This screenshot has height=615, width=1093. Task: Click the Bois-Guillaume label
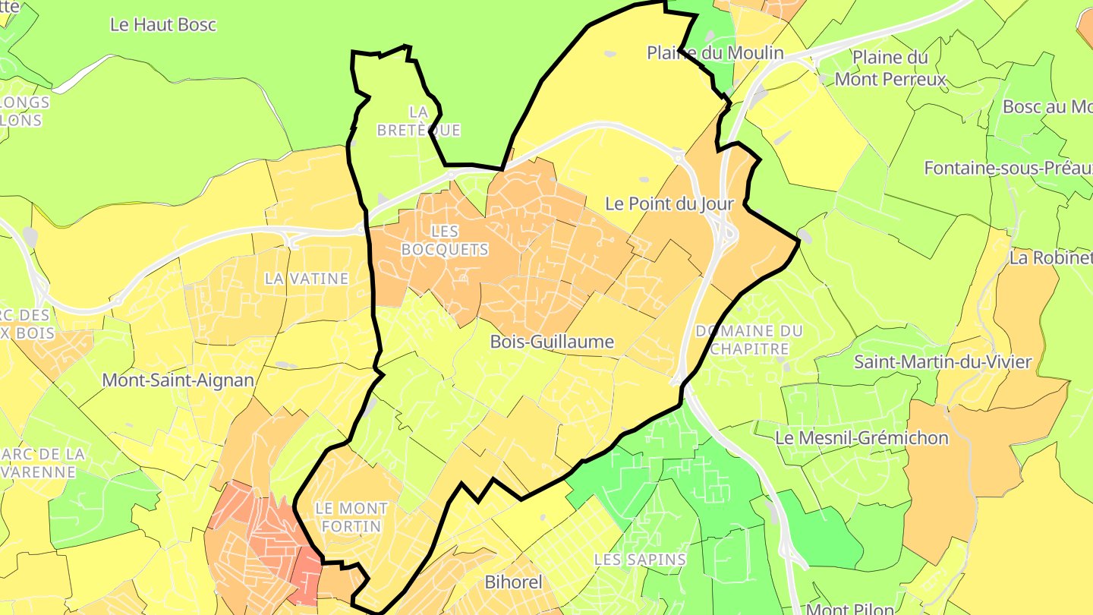point(552,342)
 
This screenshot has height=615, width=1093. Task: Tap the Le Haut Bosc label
point(163,24)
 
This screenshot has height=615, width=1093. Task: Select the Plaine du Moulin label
point(715,52)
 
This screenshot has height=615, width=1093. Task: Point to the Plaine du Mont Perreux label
point(890,68)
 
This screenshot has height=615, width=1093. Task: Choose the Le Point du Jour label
point(669,203)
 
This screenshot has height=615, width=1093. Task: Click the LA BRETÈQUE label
point(418,121)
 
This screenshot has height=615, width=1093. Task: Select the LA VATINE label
point(307,279)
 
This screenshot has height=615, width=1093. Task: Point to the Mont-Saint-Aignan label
point(178,380)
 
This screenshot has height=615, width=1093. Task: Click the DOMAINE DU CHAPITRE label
point(748,339)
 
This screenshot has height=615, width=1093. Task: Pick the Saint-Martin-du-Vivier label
point(943,361)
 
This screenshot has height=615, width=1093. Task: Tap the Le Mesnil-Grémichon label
point(861,438)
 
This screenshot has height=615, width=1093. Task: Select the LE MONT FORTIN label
point(351,516)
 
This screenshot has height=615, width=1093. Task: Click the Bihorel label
point(514,582)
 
